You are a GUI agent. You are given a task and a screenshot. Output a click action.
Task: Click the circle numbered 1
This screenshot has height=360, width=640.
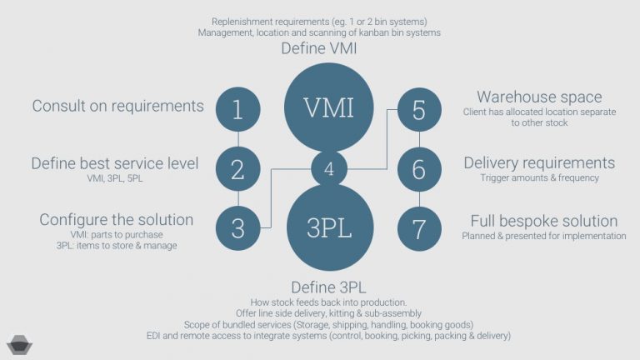coord(237,109)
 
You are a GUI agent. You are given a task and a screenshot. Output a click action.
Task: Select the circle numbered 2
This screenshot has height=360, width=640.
coord(237,169)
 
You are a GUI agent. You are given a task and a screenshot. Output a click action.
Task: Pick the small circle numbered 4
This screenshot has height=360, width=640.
coord(329,168)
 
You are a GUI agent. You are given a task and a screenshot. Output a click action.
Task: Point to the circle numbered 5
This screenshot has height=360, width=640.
coord(418,109)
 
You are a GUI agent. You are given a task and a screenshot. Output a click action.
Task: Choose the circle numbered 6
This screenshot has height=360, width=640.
coord(418,169)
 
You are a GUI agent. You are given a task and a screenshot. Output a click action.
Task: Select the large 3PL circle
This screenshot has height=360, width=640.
coord(328,228)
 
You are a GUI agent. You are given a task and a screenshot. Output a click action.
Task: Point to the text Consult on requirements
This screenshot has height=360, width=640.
coord(117,106)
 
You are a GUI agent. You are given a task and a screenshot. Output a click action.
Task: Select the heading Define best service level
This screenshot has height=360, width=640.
coord(115,163)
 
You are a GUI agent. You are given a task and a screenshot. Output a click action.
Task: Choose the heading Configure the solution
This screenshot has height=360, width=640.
coord(117,220)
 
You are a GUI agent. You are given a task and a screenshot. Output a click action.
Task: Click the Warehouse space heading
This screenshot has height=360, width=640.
coord(538,97)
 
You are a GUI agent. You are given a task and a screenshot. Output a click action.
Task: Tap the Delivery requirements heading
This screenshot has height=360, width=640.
coord(538,162)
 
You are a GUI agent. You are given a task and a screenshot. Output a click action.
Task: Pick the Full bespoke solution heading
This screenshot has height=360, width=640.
coord(543,221)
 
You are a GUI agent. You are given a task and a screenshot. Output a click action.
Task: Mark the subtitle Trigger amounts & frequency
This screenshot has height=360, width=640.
coord(538,177)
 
